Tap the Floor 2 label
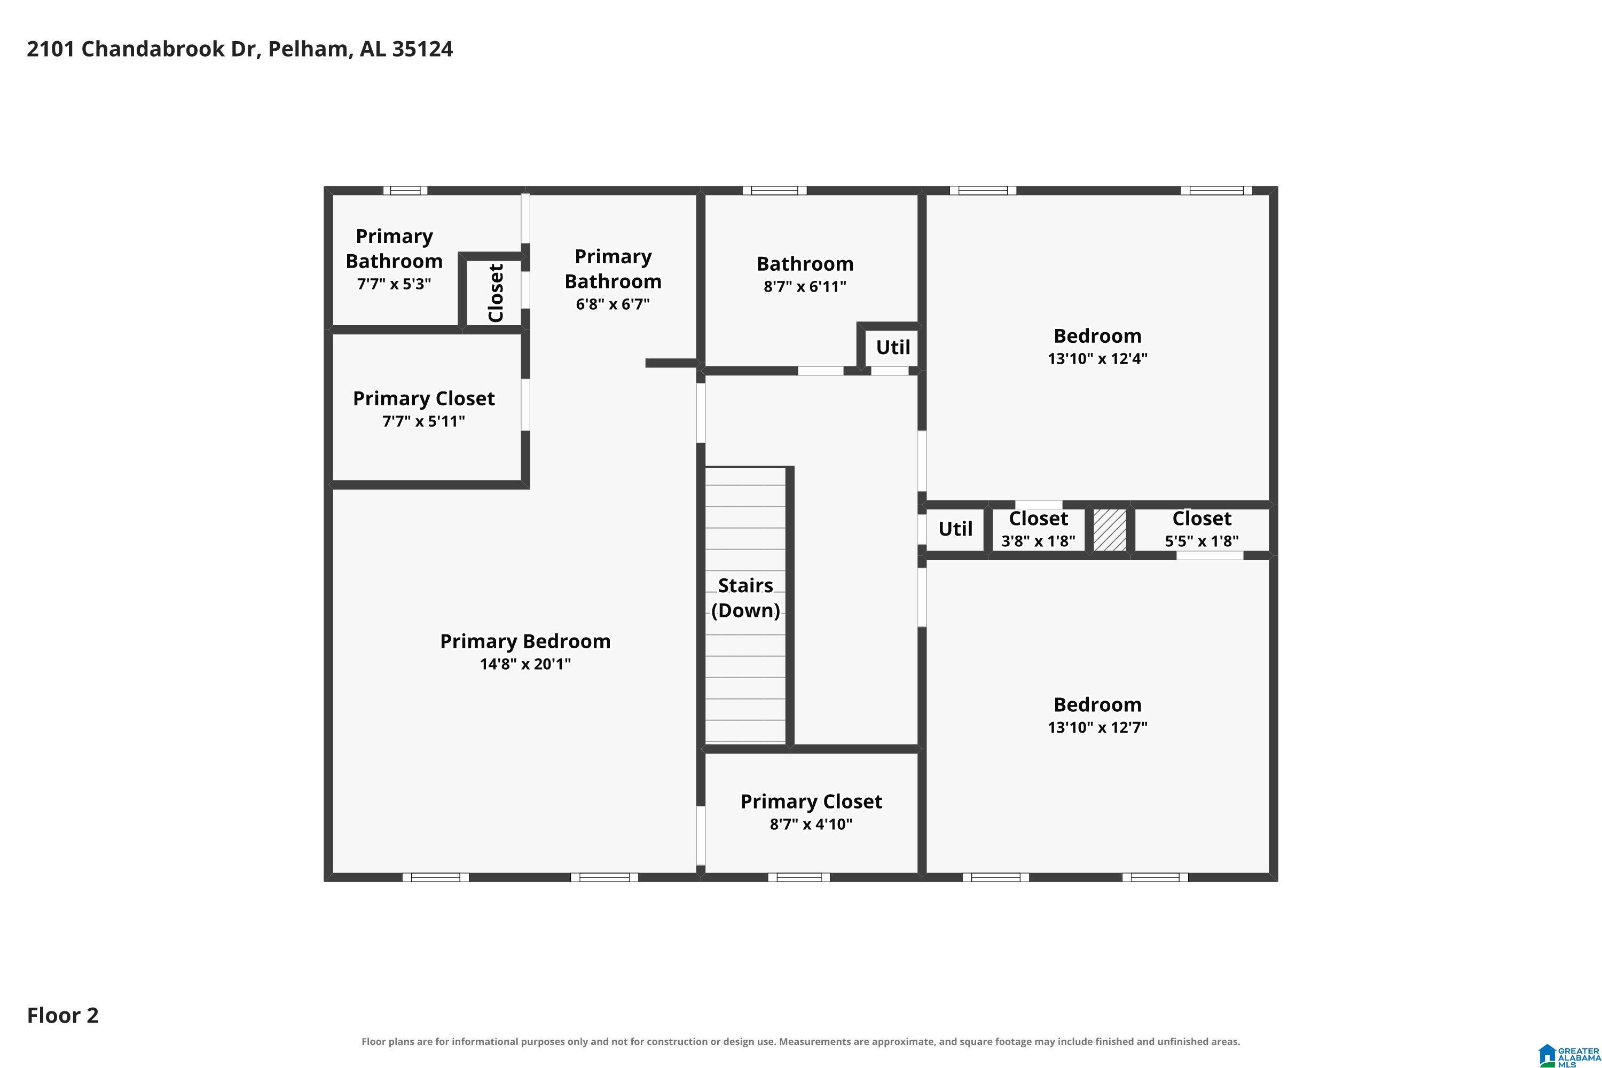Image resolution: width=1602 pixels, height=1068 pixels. click(x=62, y=1015)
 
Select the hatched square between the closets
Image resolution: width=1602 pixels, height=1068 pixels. click(x=1110, y=530)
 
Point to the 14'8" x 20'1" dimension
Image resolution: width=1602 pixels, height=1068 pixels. click(x=525, y=663)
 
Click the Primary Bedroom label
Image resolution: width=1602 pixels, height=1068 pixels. click(x=525, y=641)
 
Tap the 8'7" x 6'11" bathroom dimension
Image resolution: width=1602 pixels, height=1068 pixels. click(x=805, y=286)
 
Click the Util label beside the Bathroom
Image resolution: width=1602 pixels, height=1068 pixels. click(x=893, y=348)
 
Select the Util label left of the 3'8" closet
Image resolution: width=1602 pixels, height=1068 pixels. click(x=956, y=529)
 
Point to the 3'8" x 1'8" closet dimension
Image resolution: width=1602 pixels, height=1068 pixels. click(x=1038, y=541)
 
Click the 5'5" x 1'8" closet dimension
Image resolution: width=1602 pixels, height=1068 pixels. click(x=1201, y=541)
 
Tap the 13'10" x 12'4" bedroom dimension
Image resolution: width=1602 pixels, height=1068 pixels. click(x=1097, y=358)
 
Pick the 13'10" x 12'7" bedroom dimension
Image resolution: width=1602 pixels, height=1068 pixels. click(x=1097, y=727)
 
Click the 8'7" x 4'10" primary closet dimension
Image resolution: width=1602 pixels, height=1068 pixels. click(x=811, y=824)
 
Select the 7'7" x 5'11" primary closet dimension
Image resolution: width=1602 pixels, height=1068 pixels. click(x=423, y=421)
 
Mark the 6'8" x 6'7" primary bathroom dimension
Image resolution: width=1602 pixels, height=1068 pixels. click(x=613, y=304)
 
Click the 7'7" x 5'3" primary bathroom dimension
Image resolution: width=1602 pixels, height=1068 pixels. click(x=395, y=284)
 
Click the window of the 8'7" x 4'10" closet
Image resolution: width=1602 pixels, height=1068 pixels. click(x=799, y=877)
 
